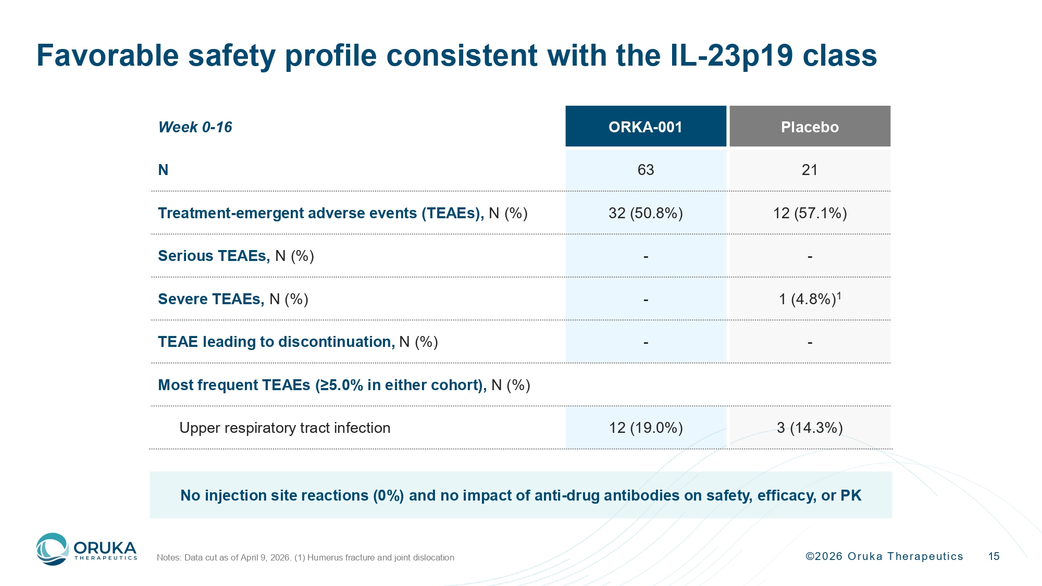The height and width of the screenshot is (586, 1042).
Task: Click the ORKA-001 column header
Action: [x=646, y=127]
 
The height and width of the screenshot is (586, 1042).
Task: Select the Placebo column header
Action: [x=810, y=127]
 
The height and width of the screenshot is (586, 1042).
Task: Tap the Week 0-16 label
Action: [x=195, y=127]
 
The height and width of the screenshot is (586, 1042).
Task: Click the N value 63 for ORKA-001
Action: [x=646, y=170]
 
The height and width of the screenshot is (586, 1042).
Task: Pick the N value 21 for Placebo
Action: [x=810, y=170]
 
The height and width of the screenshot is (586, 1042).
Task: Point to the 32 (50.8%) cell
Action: [x=646, y=213]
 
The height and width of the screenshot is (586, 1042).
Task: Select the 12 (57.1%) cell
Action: [x=810, y=213]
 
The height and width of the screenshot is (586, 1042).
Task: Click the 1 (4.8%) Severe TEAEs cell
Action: [x=810, y=298]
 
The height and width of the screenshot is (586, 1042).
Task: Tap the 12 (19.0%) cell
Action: [x=646, y=428]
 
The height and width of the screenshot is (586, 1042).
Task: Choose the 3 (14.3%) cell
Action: [x=810, y=428]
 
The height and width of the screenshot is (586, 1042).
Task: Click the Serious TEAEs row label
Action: [x=236, y=256]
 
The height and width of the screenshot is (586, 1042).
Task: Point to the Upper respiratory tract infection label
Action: [x=285, y=428]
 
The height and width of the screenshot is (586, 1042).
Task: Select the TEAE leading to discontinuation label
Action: [x=298, y=342]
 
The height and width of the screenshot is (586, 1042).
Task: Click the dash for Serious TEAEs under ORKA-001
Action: [x=646, y=257]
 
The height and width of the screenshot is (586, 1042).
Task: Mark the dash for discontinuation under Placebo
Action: [x=810, y=343]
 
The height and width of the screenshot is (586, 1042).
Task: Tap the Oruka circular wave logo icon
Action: [x=52, y=549]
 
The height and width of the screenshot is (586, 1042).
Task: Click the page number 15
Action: [x=994, y=556]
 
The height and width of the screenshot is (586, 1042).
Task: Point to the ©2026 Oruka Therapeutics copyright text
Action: [x=884, y=556]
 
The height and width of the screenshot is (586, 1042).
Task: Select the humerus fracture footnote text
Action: [x=374, y=557]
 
